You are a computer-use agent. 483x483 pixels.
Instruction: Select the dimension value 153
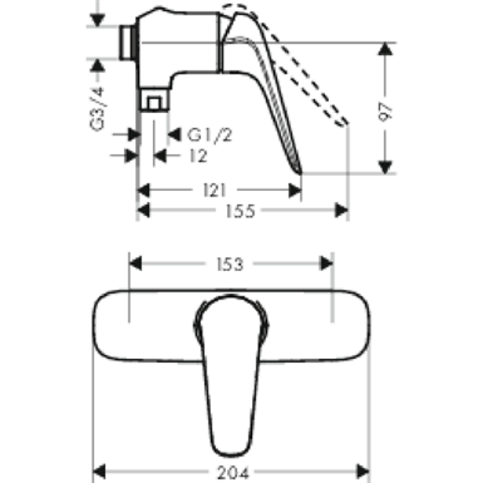point(228,264)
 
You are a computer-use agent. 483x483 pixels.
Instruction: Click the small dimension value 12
point(199,155)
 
